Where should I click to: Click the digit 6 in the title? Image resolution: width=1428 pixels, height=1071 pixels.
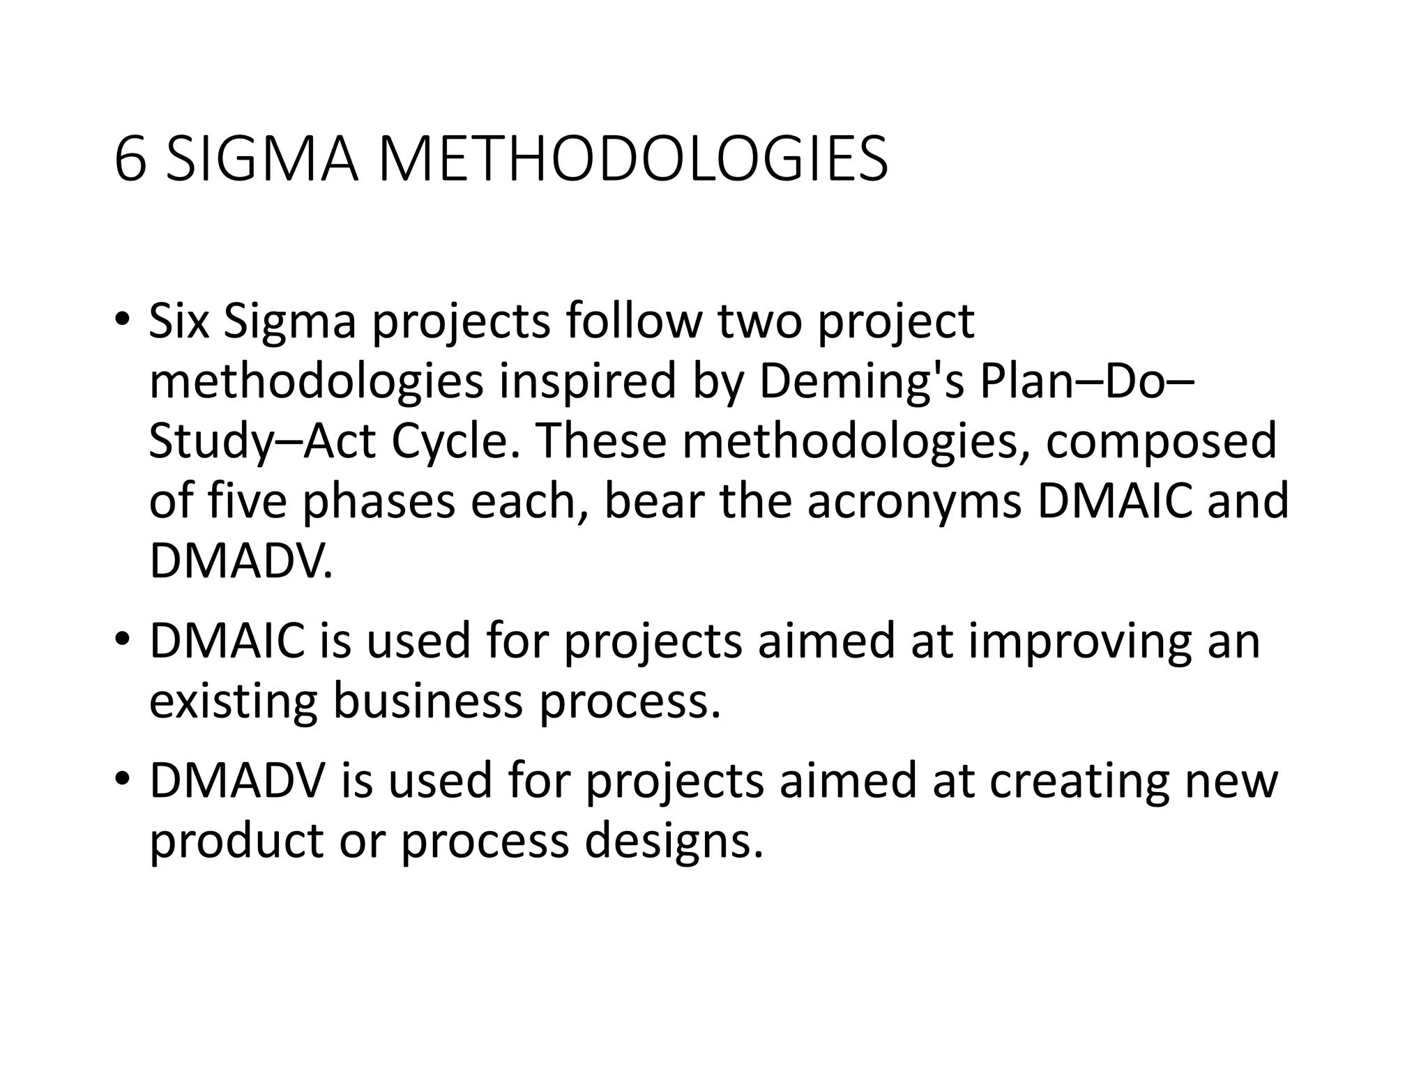pyautogui.click(x=131, y=160)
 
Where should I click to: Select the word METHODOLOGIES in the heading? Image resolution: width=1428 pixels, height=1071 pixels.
pyautogui.click(x=632, y=160)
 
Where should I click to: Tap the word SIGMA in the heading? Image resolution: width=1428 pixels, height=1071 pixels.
pyautogui.click(x=263, y=160)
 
